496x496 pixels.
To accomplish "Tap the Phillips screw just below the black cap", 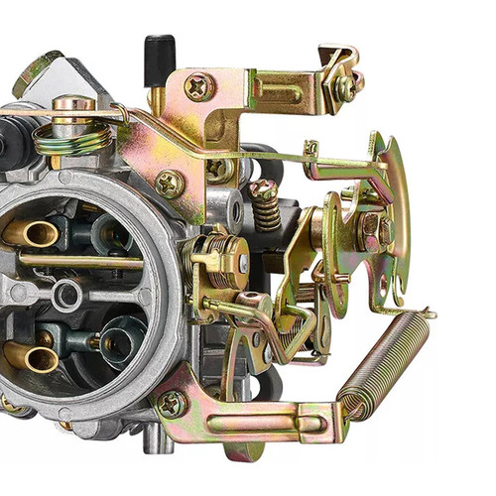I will click(x=198, y=87).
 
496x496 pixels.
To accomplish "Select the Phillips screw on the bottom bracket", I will click(x=171, y=404).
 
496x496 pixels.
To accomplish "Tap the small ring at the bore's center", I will click(x=67, y=293).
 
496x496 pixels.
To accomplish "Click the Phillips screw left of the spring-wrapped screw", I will click(x=170, y=184).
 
